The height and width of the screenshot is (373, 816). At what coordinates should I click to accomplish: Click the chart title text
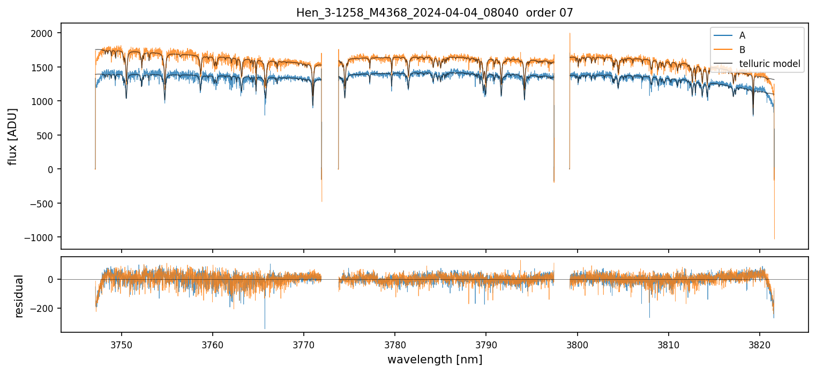click(435, 13)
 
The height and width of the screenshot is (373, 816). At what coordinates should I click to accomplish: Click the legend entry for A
click(742, 36)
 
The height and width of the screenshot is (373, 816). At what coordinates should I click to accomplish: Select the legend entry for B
click(742, 50)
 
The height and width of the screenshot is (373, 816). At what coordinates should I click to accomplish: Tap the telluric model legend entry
click(769, 64)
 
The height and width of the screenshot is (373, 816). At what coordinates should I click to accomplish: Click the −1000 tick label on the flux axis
click(43, 237)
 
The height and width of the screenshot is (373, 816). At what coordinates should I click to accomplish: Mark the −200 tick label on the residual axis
click(46, 309)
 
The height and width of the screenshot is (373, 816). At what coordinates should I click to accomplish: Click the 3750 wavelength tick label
click(122, 344)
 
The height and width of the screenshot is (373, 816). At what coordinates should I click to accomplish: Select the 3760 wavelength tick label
click(213, 344)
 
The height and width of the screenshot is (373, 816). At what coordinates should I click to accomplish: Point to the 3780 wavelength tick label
click(395, 344)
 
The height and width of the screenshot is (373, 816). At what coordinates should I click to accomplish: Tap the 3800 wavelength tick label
click(578, 344)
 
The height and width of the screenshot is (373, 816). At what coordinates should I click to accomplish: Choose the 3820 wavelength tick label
click(760, 344)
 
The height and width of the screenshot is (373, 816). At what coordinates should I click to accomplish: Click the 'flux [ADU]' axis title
click(12, 137)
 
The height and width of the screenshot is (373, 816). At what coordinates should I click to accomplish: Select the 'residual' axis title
click(19, 296)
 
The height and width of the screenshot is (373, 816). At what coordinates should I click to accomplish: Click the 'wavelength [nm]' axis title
click(435, 360)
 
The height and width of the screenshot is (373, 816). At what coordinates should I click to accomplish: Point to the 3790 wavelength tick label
click(486, 344)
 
